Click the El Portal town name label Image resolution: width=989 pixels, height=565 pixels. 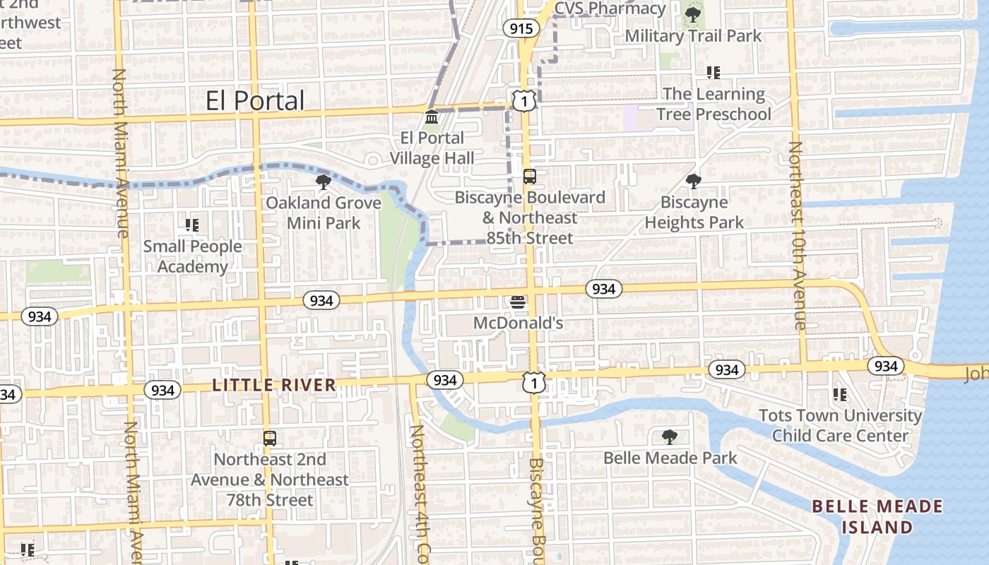pos(255,101)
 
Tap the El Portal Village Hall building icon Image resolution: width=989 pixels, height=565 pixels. pos(432,116)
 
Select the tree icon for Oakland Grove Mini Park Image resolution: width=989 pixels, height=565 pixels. pos(324,182)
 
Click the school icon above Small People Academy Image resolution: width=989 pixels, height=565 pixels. pos(191,225)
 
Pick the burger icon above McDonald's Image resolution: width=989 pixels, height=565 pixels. pos(518,302)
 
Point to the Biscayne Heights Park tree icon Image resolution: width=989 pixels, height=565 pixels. pos(694,182)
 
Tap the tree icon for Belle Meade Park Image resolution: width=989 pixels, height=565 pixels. pos(669,437)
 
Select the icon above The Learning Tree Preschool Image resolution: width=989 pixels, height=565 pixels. pos(713,73)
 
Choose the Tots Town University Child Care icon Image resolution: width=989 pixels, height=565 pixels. pos(840,394)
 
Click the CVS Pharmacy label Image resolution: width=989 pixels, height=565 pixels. pos(610,8)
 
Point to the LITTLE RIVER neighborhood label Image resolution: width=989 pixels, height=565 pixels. pos(274,386)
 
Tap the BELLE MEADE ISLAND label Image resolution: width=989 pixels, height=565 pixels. pos(877,516)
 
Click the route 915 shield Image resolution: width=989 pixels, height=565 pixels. pos(521,28)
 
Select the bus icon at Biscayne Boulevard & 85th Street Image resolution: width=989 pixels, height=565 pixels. pos(529,176)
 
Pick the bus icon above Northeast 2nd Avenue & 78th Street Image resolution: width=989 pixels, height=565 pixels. pos(269,438)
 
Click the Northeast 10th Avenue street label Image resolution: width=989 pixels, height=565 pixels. pos(796,236)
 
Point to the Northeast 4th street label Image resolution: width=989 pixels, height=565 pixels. pos(420,494)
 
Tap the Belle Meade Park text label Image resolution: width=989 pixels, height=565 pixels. pos(670,458)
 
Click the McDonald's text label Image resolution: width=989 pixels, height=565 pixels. pos(518,323)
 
